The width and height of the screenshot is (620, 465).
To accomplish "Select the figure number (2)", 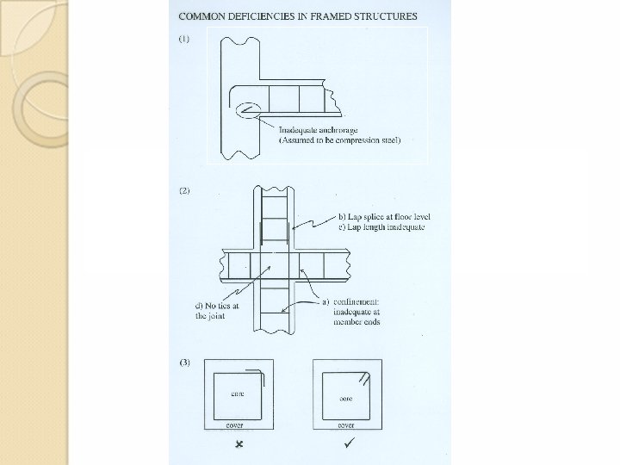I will tap(184, 191).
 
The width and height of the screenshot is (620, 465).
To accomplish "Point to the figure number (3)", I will tap(184, 363).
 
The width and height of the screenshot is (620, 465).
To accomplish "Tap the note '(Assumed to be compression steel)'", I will tap(339, 139).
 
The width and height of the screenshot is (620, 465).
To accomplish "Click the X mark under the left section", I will tap(239, 445).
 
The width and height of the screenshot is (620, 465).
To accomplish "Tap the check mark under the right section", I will tap(347, 444).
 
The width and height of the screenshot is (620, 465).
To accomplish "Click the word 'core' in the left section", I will tap(238, 394).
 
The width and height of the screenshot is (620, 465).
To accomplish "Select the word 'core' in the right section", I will tap(346, 399).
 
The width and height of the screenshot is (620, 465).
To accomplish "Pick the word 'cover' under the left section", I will tap(234, 425).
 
